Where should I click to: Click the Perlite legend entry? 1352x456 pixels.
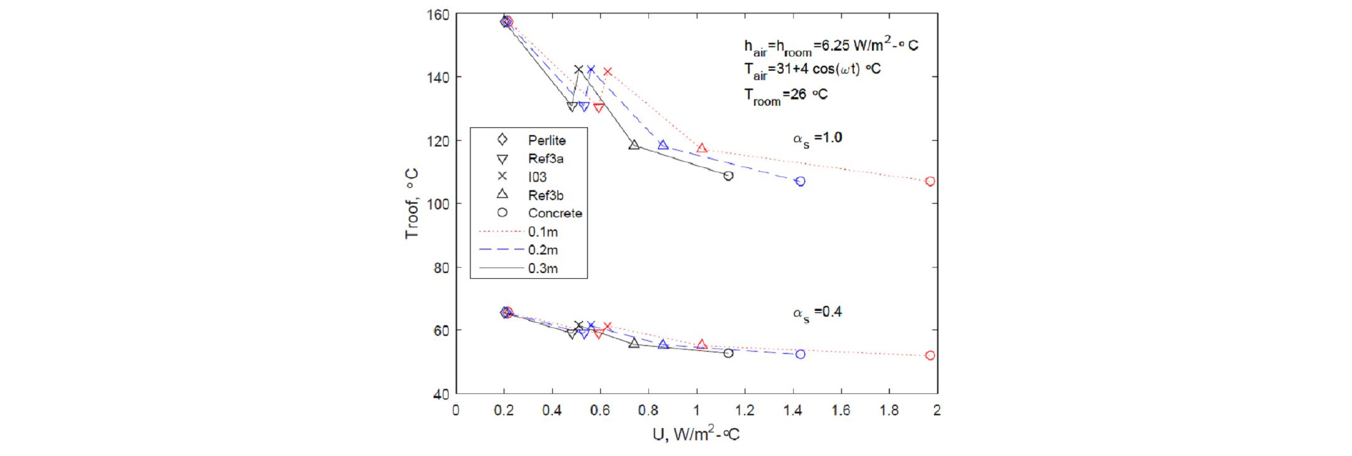547,140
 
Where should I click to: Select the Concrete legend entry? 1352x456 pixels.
554,213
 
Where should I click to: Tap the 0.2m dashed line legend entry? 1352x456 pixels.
542,250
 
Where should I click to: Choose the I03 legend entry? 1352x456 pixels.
537,177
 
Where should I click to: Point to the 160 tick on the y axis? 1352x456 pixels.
439,15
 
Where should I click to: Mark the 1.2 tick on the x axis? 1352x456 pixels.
745,410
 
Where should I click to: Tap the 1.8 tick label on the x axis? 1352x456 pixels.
889,410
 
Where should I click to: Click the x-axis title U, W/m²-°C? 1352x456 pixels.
695,434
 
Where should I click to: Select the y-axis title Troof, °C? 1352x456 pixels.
411,204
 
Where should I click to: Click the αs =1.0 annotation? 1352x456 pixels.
817,139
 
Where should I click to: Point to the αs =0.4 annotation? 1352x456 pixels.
817,313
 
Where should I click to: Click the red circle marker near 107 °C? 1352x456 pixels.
930,182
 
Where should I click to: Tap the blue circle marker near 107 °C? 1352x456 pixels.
800,182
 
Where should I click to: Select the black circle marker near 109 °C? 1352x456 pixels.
728,176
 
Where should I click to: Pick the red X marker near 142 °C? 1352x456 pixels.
607,71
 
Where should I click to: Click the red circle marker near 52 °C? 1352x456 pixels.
930,355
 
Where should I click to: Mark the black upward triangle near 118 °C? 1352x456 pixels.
634,145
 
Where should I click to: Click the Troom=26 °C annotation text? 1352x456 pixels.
785,96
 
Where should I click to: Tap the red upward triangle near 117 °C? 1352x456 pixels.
702,149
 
